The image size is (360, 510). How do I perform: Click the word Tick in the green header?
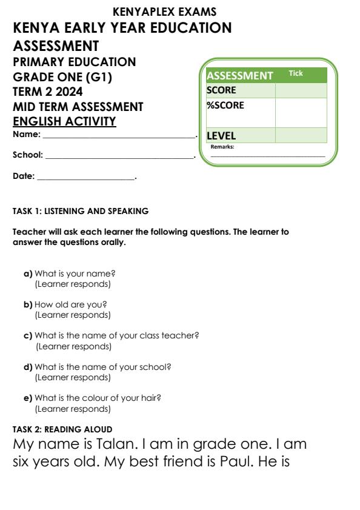(x=296, y=73)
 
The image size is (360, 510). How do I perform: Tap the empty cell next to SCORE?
(x=301, y=90)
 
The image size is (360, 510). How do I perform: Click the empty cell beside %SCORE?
(x=301, y=112)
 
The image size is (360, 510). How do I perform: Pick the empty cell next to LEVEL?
(x=301, y=135)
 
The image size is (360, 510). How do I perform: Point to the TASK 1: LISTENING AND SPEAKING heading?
(x=81, y=212)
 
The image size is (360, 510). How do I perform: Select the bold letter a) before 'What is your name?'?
(x=27, y=273)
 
